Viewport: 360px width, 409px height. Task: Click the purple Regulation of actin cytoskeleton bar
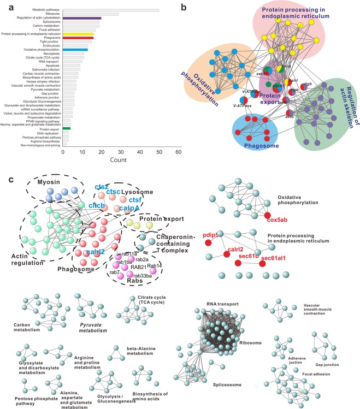(81, 18)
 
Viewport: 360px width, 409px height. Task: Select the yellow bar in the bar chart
(78, 34)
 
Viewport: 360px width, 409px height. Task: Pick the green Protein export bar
(66, 128)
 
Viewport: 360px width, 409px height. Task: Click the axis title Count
(120, 162)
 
